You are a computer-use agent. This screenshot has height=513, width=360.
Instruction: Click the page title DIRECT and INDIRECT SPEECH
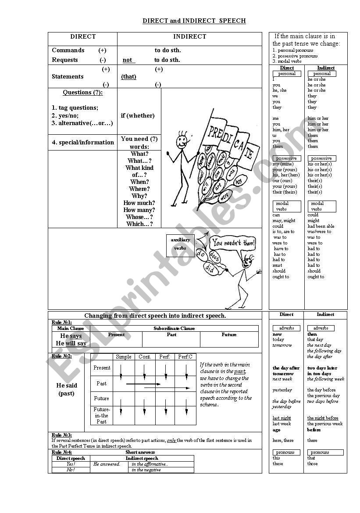pyautogui.click(x=194, y=21)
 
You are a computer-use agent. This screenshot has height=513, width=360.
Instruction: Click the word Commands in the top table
pyautogui.click(x=68, y=50)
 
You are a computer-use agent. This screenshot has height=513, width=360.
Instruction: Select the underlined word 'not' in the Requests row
pyautogui.click(x=128, y=60)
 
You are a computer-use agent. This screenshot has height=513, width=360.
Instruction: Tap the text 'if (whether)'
pyautogui.click(x=138, y=116)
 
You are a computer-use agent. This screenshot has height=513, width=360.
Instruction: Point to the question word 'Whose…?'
pyautogui.click(x=139, y=217)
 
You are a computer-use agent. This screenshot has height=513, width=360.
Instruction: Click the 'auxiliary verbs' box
pyautogui.click(x=180, y=244)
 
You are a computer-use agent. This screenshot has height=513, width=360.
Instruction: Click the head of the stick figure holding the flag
pyautogui.click(x=181, y=141)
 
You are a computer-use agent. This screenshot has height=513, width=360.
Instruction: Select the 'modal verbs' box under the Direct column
pyautogui.click(x=287, y=206)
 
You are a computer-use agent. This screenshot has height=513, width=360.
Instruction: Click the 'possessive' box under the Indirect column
pyautogui.click(x=321, y=158)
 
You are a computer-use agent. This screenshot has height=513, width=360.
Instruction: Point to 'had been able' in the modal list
pyautogui.click(x=321, y=226)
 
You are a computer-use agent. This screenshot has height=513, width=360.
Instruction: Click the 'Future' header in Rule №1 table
pyautogui.click(x=229, y=335)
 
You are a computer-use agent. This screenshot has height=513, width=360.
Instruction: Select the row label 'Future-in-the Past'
pyautogui.click(x=101, y=415)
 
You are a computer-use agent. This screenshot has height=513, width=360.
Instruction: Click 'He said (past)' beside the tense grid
pyautogui.click(x=67, y=389)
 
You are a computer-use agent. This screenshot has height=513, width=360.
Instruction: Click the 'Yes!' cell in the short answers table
pyautogui.click(x=71, y=464)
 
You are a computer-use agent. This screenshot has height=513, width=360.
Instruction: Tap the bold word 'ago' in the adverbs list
pyautogui.click(x=276, y=430)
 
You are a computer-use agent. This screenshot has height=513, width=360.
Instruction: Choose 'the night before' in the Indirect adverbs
pyautogui.click(x=322, y=418)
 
